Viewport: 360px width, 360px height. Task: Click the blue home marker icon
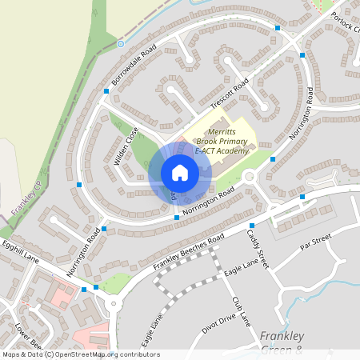click(180, 173)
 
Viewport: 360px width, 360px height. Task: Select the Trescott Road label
click(230, 94)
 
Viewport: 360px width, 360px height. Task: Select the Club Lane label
click(241, 311)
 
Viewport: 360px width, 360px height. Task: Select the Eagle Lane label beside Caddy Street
click(241, 267)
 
